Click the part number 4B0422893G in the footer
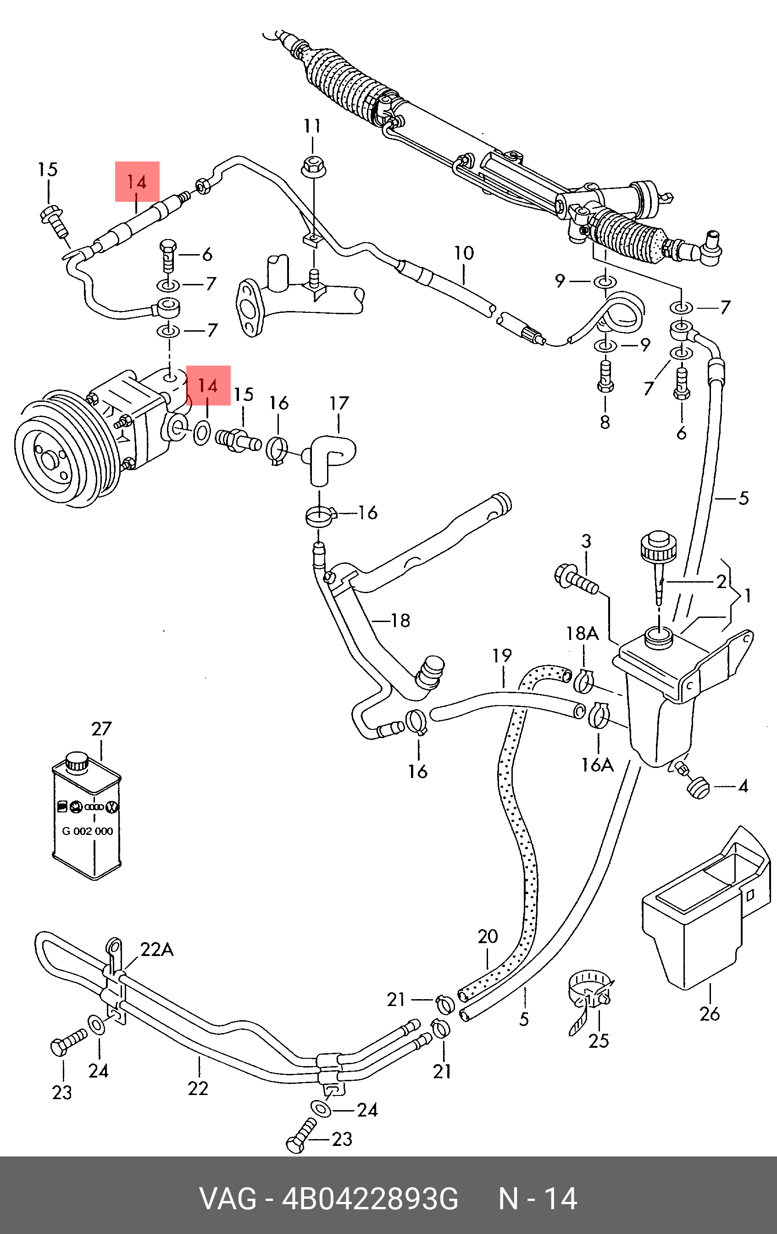pos(370,1199)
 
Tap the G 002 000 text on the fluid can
pos(87,831)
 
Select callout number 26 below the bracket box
pos(710,1013)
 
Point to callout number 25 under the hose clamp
pos(598,1041)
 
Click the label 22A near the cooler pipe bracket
pos(157,950)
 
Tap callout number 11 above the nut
pos(312,126)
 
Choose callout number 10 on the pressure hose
pos(464,253)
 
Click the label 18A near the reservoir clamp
pos(582,634)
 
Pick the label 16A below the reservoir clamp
pos(597,765)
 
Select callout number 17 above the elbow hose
pos(339,404)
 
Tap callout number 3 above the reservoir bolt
pos(586,541)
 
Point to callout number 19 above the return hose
pos(502,656)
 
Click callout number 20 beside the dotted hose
pos(488,937)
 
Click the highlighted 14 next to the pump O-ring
pos(208,385)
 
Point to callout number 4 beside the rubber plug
pos(743,786)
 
